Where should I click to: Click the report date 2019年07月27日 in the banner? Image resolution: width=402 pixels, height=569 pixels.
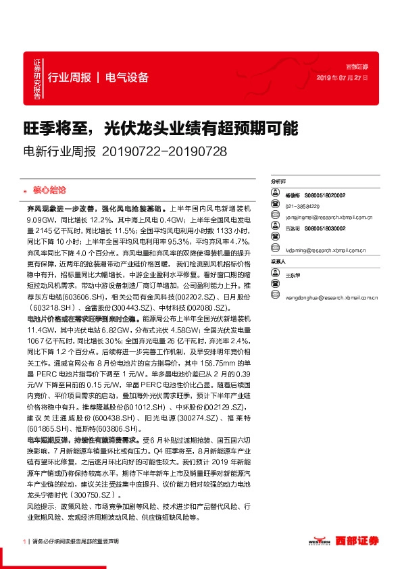pos(343,78)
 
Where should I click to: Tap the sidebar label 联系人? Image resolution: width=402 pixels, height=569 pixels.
pos(278,262)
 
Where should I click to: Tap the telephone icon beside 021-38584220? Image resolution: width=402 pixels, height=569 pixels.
pos(275,205)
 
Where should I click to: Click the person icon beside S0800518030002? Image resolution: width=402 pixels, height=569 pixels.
pos(275,230)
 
